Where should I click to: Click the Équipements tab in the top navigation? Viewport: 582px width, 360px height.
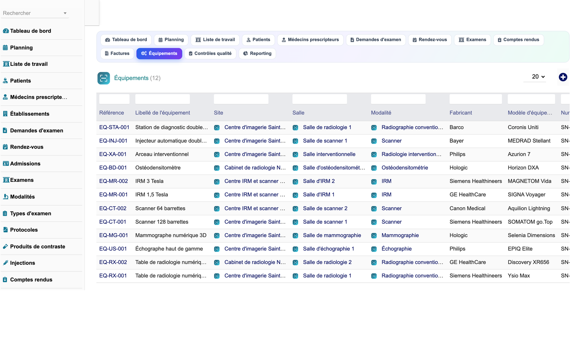[159, 54]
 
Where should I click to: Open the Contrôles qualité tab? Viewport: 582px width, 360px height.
[210, 54]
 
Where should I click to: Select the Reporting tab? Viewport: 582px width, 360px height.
[257, 54]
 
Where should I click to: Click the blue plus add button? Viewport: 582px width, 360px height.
[563, 77]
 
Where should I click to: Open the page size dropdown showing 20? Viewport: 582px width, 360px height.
[538, 77]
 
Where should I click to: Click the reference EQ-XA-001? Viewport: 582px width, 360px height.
[113, 154]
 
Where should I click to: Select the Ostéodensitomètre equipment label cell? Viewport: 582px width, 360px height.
[158, 168]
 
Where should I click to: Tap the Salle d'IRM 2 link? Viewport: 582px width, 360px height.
[319, 181]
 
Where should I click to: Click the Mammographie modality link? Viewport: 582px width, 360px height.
[400, 235]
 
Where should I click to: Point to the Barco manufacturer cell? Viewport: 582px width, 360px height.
[456, 127]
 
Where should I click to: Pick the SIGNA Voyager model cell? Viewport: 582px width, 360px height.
[526, 195]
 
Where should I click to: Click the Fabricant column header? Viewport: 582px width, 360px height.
[461, 113]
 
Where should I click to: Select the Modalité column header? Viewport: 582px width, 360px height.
[381, 113]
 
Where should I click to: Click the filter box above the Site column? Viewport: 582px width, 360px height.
[241, 99]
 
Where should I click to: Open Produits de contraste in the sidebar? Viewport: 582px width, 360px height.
[38, 247]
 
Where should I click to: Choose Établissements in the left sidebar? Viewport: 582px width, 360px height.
[30, 114]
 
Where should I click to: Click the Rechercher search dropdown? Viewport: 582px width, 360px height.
[35, 13]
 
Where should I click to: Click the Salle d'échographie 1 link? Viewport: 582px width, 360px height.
[328, 249]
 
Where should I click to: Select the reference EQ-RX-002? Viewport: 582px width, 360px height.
[113, 262]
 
